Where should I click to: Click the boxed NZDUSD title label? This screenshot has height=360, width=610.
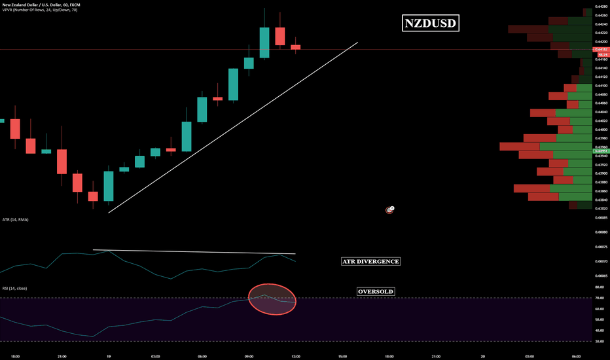click(430, 24)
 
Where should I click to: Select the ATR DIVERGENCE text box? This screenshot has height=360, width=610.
click(370, 261)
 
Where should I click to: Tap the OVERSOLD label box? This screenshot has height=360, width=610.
click(376, 291)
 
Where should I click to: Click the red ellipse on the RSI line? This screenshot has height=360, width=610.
click(272, 299)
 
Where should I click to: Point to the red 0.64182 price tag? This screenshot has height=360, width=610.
click(601, 49)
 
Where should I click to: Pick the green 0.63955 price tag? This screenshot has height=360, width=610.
click(601, 151)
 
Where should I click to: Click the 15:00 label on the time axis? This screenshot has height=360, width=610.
click(342, 357)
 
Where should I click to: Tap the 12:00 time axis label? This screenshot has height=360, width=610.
click(295, 357)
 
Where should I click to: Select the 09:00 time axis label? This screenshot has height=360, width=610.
click(249, 357)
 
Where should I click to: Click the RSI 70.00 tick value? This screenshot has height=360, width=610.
click(599, 298)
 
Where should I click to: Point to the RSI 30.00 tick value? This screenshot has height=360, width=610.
click(599, 340)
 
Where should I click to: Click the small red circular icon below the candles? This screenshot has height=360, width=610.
click(389, 210)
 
